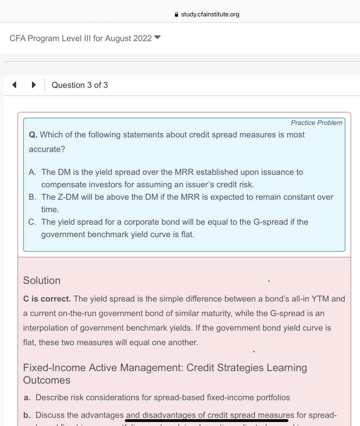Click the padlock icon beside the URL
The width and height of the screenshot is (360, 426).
click(176, 14)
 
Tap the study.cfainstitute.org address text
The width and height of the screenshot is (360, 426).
click(210, 14)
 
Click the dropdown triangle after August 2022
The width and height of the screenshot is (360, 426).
click(157, 37)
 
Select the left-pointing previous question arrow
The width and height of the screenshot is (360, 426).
click(15, 85)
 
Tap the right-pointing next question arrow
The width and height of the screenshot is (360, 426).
click(34, 85)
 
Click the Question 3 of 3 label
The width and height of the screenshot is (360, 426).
click(79, 85)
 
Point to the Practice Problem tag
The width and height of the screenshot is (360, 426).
click(316, 123)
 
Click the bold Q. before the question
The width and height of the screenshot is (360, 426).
click(33, 135)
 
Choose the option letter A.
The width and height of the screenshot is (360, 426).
click(32, 172)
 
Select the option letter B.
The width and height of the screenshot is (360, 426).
click(32, 197)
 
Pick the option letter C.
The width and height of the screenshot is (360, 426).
click(32, 222)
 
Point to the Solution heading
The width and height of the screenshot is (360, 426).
click(42, 280)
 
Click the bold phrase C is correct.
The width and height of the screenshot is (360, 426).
click(47, 299)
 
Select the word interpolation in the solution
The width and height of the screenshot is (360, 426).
click(45, 328)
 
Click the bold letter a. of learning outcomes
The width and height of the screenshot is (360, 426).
click(27, 398)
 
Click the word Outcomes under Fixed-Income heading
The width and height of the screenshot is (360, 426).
click(47, 380)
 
